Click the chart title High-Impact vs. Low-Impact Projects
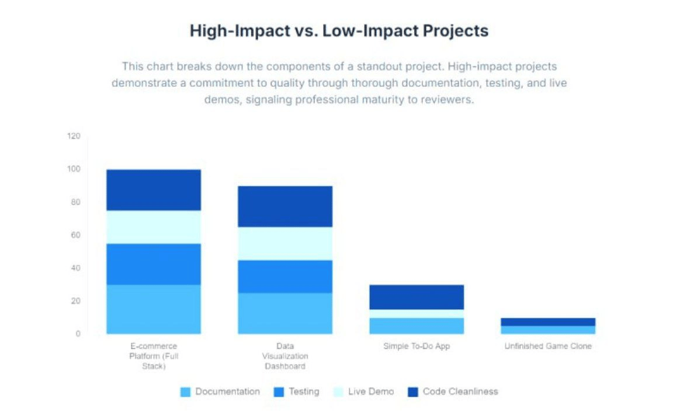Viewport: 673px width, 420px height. pyautogui.click(x=339, y=31)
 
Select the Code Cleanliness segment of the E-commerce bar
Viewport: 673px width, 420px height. pyautogui.click(x=154, y=190)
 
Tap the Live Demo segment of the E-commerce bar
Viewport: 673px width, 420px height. pyautogui.click(x=154, y=227)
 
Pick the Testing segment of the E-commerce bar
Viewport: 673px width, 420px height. pyautogui.click(x=154, y=264)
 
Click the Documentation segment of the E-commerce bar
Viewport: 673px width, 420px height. pyautogui.click(x=154, y=309)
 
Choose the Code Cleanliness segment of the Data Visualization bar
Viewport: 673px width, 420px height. pyautogui.click(x=285, y=206)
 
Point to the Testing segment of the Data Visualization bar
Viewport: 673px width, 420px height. pyautogui.click(x=285, y=276)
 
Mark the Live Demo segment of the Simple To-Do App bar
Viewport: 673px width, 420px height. pyautogui.click(x=417, y=314)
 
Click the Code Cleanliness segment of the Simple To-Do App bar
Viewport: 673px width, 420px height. pyautogui.click(x=417, y=297)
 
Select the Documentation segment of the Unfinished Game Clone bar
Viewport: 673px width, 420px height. pyautogui.click(x=548, y=330)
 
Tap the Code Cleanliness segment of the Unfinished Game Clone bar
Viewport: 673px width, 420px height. pyautogui.click(x=548, y=322)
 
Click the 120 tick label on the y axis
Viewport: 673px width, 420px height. pyautogui.click(x=74, y=136)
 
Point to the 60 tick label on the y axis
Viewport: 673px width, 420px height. pyautogui.click(x=75, y=235)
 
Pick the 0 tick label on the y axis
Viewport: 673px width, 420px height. pyautogui.click(x=78, y=334)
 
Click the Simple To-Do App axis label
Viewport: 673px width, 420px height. pyautogui.click(x=417, y=346)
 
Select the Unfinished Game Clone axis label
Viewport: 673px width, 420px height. pyautogui.click(x=548, y=346)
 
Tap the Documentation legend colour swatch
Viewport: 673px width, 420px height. pyautogui.click(x=186, y=392)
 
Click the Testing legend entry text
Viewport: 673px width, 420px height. pyautogui.click(x=304, y=391)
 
